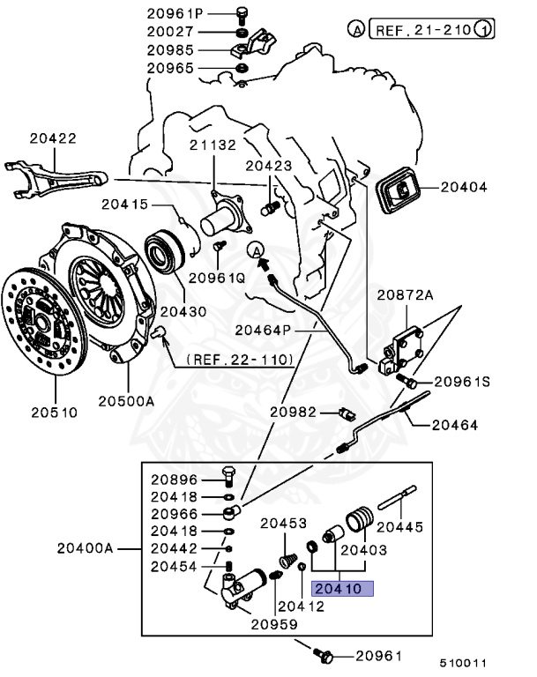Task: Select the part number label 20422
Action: click(x=52, y=138)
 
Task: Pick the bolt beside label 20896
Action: click(x=227, y=480)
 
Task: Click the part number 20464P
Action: click(x=263, y=330)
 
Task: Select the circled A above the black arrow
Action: click(x=256, y=249)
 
